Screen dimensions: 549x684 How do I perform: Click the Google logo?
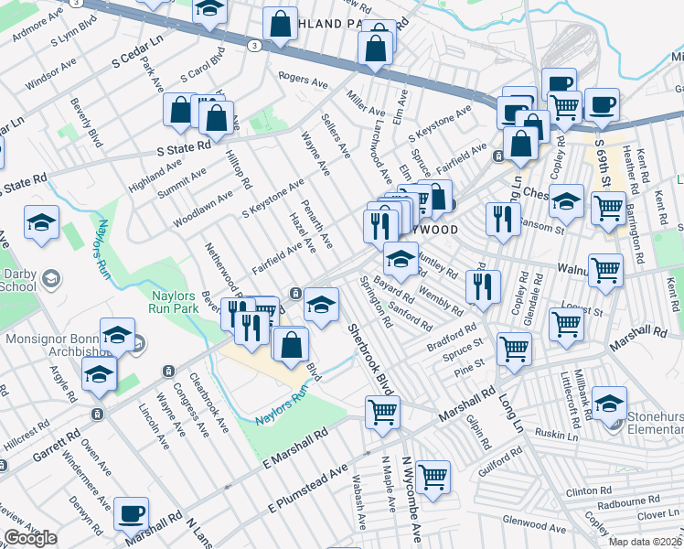[x=30, y=538]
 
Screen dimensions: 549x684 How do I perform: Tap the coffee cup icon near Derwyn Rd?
[x=132, y=513]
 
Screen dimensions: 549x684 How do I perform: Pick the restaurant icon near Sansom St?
[x=502, y=220]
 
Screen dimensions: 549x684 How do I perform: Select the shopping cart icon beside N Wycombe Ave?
[x=433, y=477]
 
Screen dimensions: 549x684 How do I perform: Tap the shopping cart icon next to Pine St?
[x=515, y=349]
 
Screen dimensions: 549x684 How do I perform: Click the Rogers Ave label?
[x=303, y=81]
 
